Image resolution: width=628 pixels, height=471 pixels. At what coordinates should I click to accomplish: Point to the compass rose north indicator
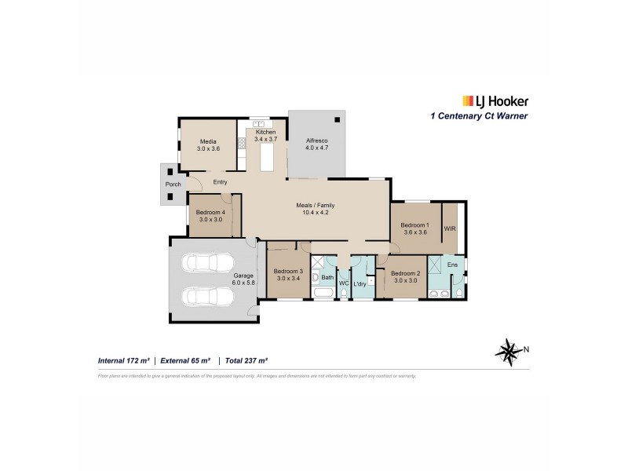click(512, 349)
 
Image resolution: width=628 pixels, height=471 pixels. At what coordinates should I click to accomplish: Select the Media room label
click(208, 141)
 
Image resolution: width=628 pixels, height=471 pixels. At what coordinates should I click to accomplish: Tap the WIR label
click(450, 228)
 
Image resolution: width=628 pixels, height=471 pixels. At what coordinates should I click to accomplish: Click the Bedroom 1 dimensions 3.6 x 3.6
click(416, 233)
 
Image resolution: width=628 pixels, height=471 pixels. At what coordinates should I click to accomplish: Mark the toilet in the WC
click(343, 294)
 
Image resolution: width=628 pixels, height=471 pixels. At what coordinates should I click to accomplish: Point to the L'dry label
click(361, 283)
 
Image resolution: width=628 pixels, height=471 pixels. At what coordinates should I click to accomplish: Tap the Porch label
click(173, 184)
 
